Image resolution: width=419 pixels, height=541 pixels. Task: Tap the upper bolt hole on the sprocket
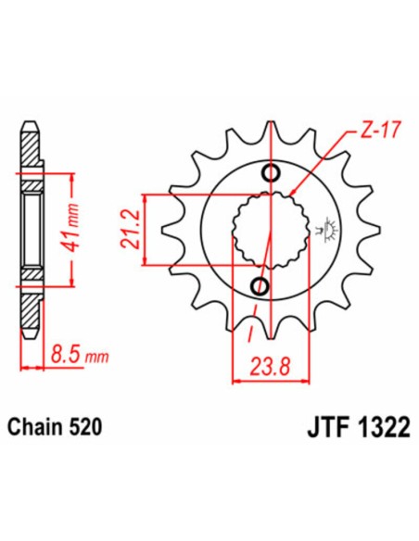coord(270,172)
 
